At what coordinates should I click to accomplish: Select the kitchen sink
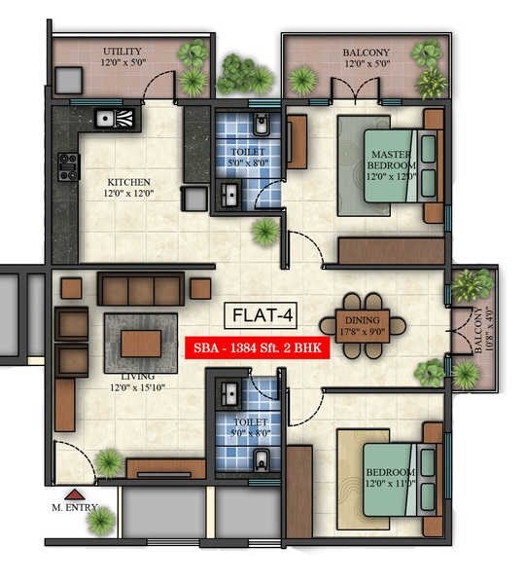tap(117, 120)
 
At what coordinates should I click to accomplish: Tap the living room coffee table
tap(141, 343)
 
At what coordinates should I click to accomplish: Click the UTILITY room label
tap(122, 51)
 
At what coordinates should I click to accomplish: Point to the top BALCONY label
tap(366, 52)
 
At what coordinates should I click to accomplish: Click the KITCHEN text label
tap(127, 181)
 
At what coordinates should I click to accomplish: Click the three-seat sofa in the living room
tap(141, 288)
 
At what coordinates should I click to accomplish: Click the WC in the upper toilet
tap(260, 126)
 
